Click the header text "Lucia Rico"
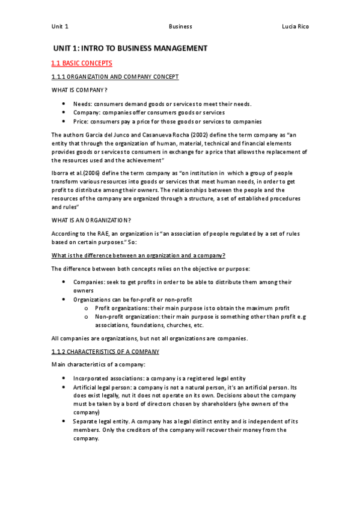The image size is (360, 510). [x=295, y=26]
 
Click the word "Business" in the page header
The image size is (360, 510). [x=180, y=26]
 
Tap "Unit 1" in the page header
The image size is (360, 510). [x=60, y=26]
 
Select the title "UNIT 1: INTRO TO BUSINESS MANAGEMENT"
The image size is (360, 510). [x=130, y=48]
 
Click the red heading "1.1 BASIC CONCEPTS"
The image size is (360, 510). [x=82, y=63]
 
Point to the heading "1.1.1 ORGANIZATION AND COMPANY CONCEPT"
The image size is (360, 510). [x=115, y=77]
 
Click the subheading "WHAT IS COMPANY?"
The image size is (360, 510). [x=79, y=90]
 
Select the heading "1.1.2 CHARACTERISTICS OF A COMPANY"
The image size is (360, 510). [x=105, y=351]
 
